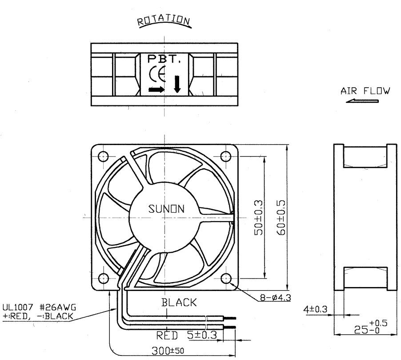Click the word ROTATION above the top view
coord(164,20)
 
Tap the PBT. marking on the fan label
coord(164,59)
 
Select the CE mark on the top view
coord(157,74)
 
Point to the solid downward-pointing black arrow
coord(177,84)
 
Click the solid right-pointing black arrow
coord(156,89)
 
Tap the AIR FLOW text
coord(365,91)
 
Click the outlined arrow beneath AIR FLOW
coord(362,101)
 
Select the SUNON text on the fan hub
coord(166,209)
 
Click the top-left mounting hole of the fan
coord(103,156)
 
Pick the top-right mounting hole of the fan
coord(225,156)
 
